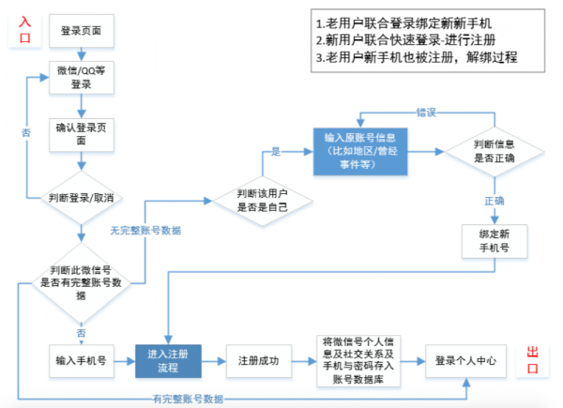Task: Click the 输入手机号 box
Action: coord(81,360)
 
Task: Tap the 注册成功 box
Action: coord(253,360)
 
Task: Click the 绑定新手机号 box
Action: coord(493,240)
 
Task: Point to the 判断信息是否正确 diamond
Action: coord(493,151)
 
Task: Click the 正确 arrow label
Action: coord(494,200)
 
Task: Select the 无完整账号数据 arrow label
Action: coord(145,230)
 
